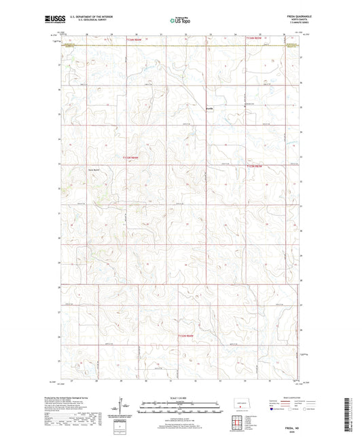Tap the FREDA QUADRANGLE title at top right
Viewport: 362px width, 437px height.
[290, 18]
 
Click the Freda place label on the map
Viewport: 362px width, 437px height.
[211, 107]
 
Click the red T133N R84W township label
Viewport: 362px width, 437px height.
[130, 157]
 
